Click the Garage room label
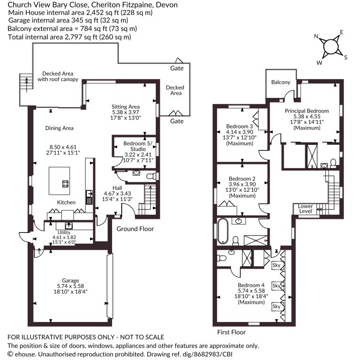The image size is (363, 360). tap(70, 280)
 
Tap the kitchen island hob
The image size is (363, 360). tap(66, 184)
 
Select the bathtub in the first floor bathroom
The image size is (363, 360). tap(223, 231)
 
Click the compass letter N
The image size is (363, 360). tap(316, 36)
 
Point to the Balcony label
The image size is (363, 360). tap(280, 82)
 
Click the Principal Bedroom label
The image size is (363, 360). tap(307, 111)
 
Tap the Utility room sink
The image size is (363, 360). tap(69, 225)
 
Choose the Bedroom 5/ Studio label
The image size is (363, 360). tap(138, 146)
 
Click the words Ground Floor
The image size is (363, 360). tap(135, 229)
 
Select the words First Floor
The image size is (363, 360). tap(232, 332)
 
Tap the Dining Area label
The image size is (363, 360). tap(59, 128)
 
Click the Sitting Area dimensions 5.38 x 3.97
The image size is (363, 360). tap(126, 112)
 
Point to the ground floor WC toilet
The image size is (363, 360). tap(151, 176)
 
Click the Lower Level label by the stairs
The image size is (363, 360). tap(305, 209)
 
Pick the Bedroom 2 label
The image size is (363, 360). tap(242, 179)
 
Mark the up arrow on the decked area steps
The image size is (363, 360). tap(27, 85)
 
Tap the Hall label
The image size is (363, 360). tap(117, 188)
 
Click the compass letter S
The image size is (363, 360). tap(346, 57)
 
